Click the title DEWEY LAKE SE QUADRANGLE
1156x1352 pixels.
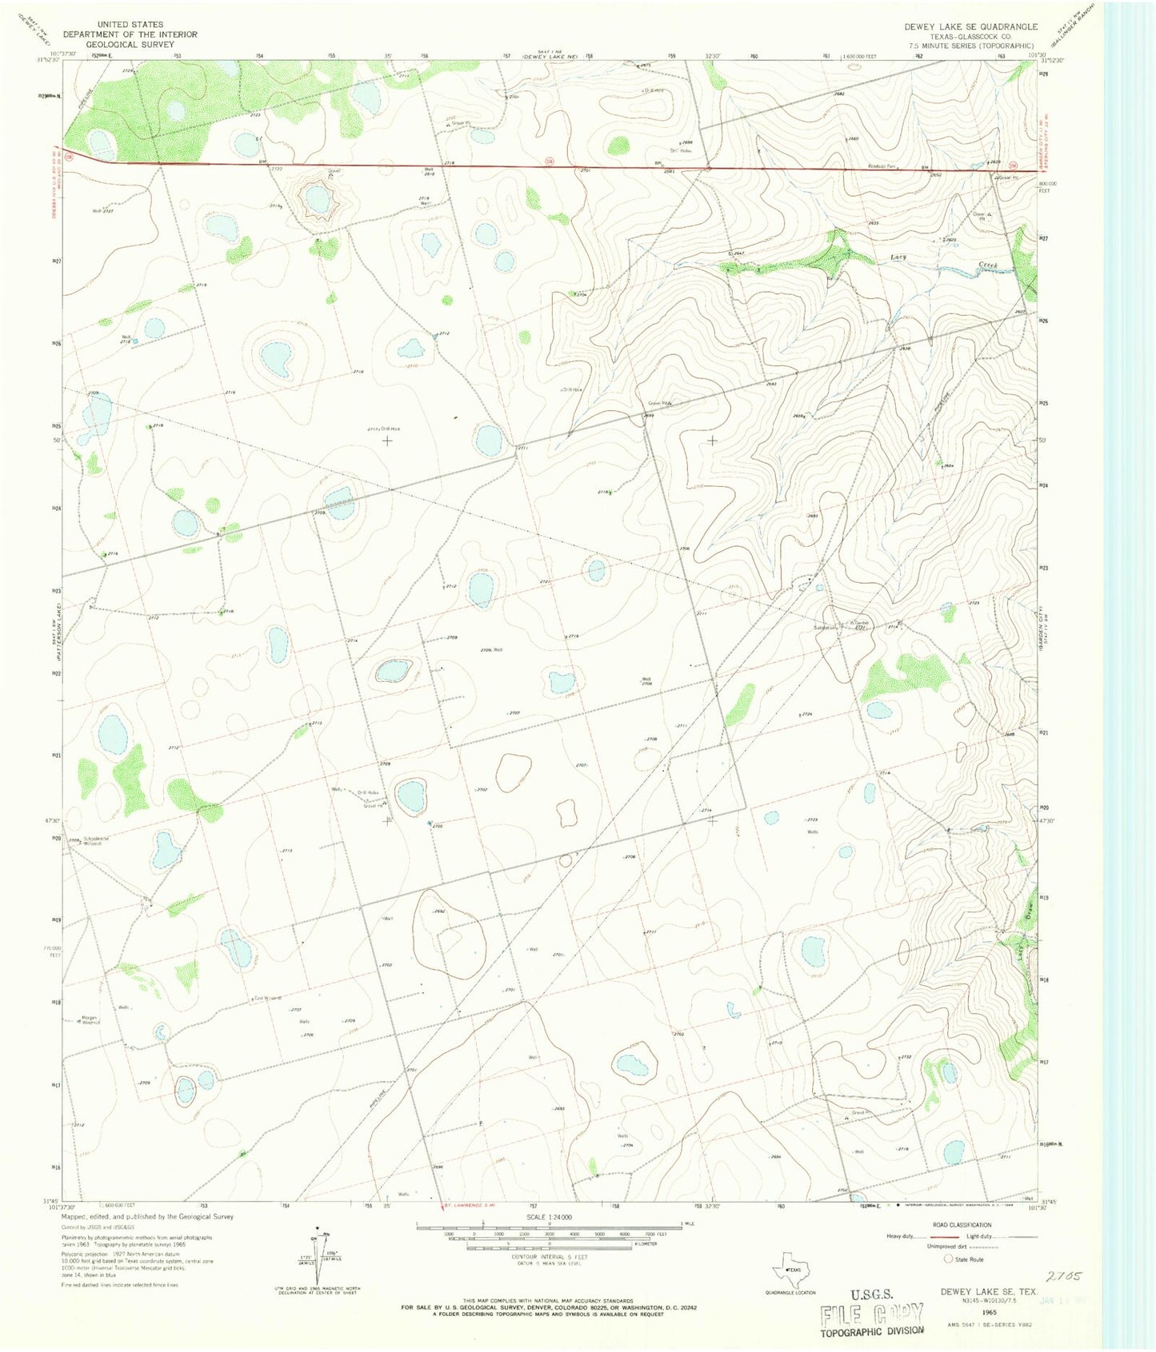tap(970, 26)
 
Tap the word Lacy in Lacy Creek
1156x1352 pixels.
tap(899, 257)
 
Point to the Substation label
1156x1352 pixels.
tap(824, 628)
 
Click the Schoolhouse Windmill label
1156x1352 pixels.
tap(90, 840)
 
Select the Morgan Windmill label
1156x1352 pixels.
tap(90, 1019)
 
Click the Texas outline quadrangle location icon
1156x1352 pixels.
tap(790, 1270)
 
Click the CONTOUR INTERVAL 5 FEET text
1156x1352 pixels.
tap(549, 1258)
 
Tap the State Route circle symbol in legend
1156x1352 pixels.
tap(948, 1258)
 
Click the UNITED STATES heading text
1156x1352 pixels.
tap(130, 25)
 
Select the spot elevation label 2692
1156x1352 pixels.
tap(439, 911)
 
